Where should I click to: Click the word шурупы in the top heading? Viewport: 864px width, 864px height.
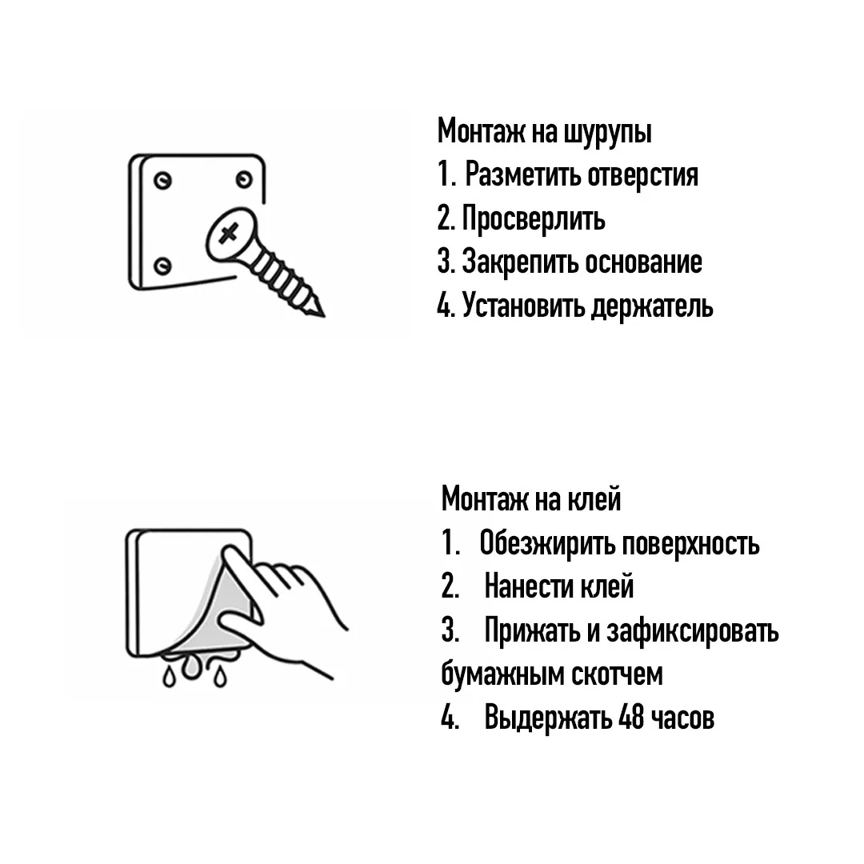coord(608,133)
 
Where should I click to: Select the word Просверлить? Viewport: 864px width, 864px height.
coord(534,218)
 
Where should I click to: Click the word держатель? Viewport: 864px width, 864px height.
coord(652,306)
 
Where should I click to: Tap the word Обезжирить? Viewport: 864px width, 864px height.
coord(546,543)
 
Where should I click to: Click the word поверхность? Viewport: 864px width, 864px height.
coord(690,545)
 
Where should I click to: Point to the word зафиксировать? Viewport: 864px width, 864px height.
coord(693,630)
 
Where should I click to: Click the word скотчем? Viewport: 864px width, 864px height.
coord(616,674)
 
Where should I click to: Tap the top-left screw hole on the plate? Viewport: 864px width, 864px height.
coord(162,180)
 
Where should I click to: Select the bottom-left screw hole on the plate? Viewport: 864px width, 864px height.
coord(162,266)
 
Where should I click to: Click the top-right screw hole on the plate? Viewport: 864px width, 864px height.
coord(244,180)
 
